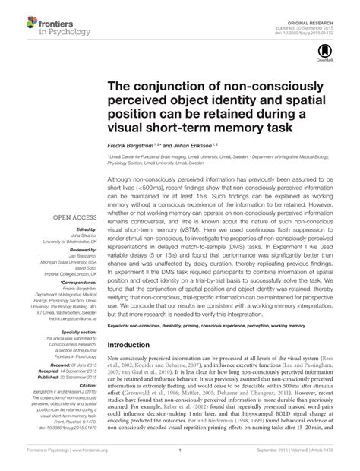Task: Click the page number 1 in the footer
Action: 180,460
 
